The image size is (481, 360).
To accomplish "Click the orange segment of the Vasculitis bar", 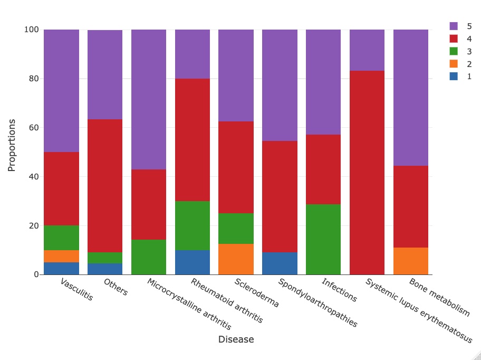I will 61,256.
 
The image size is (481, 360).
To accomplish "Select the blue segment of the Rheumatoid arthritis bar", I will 193,262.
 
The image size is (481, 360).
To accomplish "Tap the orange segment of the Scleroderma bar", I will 236,259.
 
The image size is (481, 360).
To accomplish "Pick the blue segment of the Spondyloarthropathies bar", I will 280,263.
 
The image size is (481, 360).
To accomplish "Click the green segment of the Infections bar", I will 323,239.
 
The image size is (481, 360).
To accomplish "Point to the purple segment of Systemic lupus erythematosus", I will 367,50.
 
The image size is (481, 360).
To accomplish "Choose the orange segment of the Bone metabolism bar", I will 411,261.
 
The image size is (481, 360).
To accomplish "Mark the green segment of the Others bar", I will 105,258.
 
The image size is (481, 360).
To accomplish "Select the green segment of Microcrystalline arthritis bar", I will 149,257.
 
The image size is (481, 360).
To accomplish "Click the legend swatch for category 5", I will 454,26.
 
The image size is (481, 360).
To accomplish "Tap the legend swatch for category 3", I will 454,51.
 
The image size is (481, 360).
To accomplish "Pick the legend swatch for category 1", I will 454,77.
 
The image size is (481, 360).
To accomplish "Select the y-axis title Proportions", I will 12,145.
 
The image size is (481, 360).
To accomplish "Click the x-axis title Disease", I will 236,339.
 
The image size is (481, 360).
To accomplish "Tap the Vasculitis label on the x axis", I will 77,289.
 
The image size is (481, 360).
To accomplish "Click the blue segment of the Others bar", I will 105,269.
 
